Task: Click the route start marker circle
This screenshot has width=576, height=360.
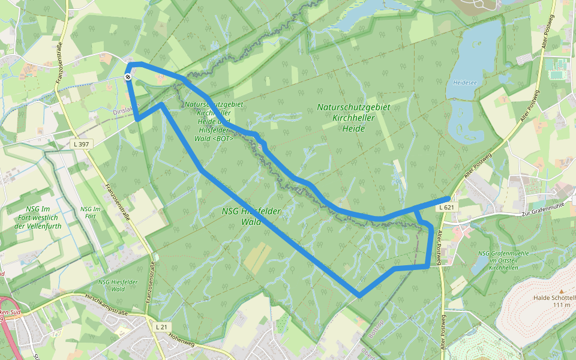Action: click(128, 77)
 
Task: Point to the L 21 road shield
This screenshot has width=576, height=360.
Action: click(160, 327)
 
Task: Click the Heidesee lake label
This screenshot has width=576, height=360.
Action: click(465, 82)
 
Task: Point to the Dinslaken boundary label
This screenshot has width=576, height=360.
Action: click(126, 111)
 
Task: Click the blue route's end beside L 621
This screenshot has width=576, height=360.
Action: click(449, 198)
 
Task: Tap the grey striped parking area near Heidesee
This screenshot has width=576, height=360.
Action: click(524, 59)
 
